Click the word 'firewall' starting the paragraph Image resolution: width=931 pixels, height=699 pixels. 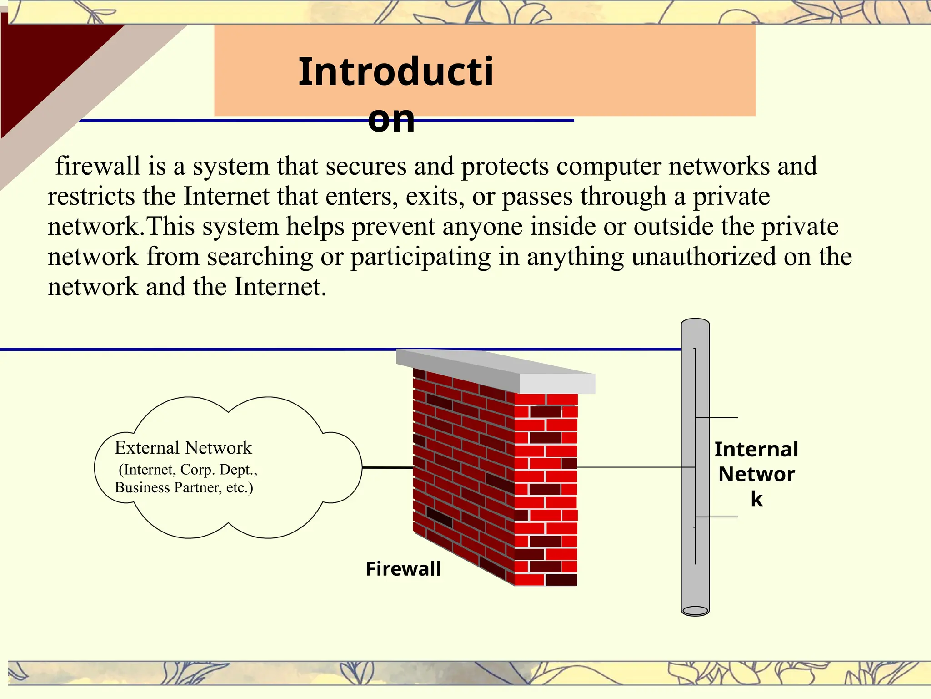tap(97, 166)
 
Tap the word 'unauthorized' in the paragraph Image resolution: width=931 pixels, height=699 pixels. tap(703, 257)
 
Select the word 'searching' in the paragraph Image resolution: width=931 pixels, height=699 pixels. tap(260, 257)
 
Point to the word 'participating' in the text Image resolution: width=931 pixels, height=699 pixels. tap(420, 257)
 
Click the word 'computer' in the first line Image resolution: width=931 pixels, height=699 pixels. tap(608, 166)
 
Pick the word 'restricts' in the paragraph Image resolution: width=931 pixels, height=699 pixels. tap(91, 197)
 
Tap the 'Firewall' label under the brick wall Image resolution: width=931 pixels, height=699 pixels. tap(403, 569)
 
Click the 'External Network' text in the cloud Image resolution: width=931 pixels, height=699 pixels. tap(183, 448)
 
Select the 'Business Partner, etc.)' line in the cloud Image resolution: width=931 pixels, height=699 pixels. tap(184, 488)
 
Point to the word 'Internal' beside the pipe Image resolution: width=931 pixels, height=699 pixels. tap(756, 450)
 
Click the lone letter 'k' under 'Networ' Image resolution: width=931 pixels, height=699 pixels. tap(756, 499)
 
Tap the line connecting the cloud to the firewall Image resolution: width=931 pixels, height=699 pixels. tap(387, 467)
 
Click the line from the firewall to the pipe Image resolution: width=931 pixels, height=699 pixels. tap(632, 467)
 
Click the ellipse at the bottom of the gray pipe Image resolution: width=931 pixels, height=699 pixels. tap(695, 610)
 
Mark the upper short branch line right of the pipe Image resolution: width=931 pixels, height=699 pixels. tap(717, 417)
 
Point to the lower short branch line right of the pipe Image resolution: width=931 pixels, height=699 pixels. tap(717, 517)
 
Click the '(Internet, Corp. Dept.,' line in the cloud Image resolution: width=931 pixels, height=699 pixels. tap(188, 470)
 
